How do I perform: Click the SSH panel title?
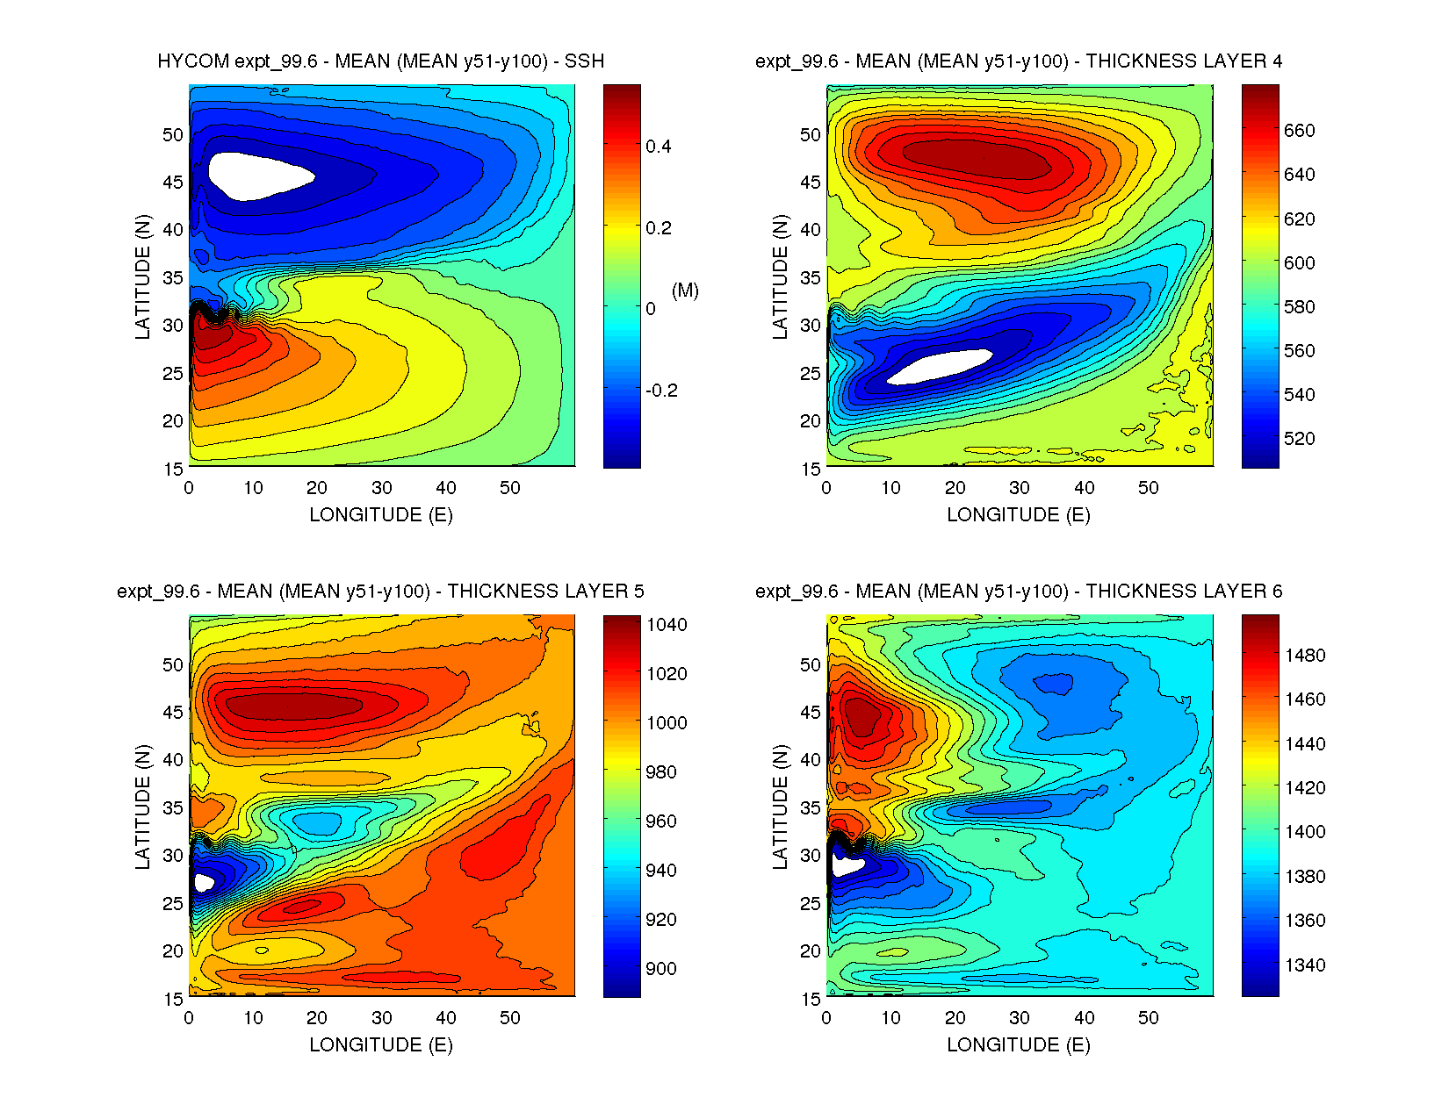pos(380,61)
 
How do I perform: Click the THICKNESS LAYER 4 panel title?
pos(1018,61)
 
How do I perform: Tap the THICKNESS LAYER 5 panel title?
pos(380,592)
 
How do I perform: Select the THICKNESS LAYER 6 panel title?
pos(1018,592)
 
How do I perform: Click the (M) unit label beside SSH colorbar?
pos(685,291)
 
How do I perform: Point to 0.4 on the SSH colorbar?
pos(658,147)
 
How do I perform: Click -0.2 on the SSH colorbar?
pos(661,391)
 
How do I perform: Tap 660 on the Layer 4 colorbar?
pos(1299,131)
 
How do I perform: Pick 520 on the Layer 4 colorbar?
pos(1299,439)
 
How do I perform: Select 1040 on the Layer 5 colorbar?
pos(667,625)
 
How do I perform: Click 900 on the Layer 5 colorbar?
pos(660,969)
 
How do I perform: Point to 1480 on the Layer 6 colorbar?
pos(1304,656)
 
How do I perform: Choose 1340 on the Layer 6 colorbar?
pos(1304,965)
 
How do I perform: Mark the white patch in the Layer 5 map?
pos(203,882)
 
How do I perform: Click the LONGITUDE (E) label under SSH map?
pos(380,515)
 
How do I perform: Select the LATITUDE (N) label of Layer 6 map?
pos(780,807)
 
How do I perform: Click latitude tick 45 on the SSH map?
pos(173,183)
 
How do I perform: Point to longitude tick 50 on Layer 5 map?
pos(510,1018)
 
